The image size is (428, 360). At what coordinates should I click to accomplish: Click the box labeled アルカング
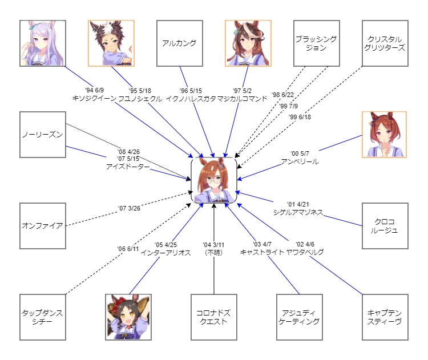pyautogui.click(x=180, y=43)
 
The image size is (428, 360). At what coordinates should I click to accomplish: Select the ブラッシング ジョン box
pyautogui.click(x=317, y=43)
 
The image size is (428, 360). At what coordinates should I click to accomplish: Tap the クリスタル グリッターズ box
pyautogui.click(x=385, y=43)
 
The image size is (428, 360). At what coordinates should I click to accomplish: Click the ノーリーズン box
pyautogui.click(x=43, y=135)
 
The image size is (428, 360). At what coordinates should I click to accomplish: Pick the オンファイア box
pyautogui.click(x=43, y=225)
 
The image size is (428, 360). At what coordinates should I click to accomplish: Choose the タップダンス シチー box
pyautogui.click(x=43, y=317)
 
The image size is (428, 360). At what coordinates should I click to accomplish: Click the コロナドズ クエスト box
pyautogui.click(x=214, y=317)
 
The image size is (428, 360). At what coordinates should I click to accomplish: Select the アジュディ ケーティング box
pyautogui.click(x=300, y=317)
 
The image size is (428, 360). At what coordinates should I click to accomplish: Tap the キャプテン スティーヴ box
pyautogui.click(x=385, y=317)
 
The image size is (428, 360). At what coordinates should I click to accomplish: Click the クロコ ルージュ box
pyautogui.click(x=385, y=226)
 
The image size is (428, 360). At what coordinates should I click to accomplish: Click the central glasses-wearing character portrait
pyautogui.click(x=214, y=180)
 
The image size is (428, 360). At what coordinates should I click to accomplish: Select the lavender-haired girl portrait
pyautogui.click(x=43, y=43)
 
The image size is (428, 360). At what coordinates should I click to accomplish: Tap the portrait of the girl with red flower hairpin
pyautogui.click(x=128, y=317)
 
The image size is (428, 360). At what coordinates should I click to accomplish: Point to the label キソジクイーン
pyautogui.click(x=94, y=98)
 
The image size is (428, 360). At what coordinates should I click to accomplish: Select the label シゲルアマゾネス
pyautogui.click(x=298, y=212)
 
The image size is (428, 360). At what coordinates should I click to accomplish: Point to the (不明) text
pyautogui.click(x=213, y=252)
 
